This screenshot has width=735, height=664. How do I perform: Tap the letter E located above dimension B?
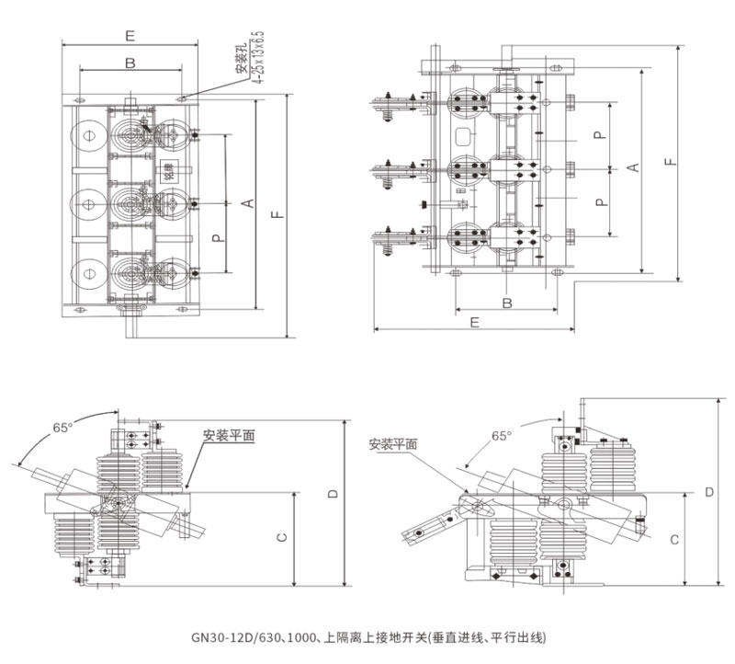pos(130,36)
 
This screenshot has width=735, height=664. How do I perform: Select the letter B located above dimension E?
pos(130,63)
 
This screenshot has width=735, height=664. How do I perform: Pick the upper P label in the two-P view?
pos(598,135)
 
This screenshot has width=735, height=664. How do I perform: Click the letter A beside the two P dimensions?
pos(632,166)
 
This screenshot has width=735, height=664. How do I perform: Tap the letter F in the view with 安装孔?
pos(277,215)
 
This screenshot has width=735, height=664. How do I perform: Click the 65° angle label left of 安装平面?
pos(62,428)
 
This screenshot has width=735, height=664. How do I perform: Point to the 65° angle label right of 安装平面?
pos(502,436)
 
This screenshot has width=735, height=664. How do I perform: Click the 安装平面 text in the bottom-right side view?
pos(392,443)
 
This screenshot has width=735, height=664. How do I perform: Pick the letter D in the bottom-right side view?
pos(709,492)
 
